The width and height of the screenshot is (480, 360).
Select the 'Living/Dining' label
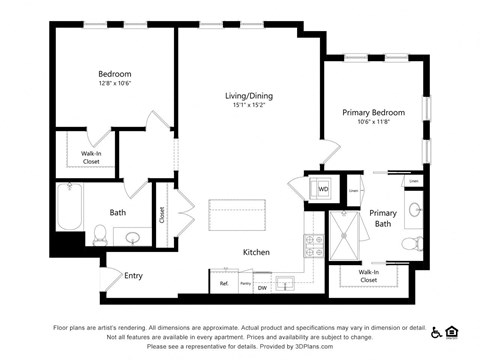(248, 96)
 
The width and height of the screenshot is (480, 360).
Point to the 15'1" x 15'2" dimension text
(248, 106)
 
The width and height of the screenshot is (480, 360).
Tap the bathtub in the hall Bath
(70, 204)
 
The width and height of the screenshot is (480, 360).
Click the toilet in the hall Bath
(99, 236)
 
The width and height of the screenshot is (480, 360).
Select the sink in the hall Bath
(132, 237)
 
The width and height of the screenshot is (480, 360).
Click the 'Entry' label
(133, 275)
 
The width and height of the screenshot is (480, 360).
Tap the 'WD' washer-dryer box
(323, 188)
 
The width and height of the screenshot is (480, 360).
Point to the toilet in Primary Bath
(409, 243)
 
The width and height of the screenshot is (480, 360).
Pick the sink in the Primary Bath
(413, 210)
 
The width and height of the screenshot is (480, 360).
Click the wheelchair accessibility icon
(436, 331)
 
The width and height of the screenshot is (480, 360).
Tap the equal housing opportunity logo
(452, 331)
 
